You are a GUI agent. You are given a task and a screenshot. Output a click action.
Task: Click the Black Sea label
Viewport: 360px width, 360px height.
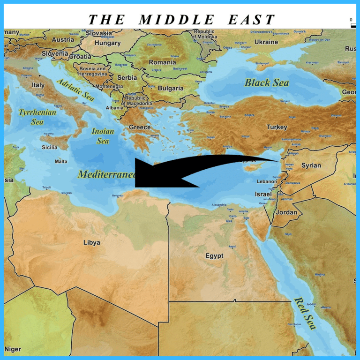[266, 83]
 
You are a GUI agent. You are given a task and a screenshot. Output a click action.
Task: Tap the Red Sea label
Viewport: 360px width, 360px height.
[305, 313]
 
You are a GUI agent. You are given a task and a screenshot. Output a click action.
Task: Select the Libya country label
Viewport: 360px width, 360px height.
[91, 242]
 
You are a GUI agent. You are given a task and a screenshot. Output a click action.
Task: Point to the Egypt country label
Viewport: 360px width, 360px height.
[214, 256]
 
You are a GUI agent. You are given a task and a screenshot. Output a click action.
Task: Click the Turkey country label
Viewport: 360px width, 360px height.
[277, 127]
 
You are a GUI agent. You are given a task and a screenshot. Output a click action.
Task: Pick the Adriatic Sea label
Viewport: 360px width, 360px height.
[75, 90]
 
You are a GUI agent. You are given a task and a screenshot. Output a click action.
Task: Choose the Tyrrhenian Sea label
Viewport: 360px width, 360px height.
[37, 117]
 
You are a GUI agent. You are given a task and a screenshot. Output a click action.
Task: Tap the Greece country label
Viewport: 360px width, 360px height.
[140, 127]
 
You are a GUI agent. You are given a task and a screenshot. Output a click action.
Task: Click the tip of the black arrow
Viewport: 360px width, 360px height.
[135, 173]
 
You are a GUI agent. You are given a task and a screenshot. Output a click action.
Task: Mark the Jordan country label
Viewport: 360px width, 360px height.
[286, 212]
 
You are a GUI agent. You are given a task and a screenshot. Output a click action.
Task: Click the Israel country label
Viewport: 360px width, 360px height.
[263, 194]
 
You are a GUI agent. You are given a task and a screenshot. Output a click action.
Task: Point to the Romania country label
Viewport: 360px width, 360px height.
[162, 62]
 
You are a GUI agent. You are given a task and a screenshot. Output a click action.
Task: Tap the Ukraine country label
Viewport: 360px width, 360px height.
[266, 42]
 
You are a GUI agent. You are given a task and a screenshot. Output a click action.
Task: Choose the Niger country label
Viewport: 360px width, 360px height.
[13, 349]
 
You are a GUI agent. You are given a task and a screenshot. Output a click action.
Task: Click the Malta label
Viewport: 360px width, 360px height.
[61, 161]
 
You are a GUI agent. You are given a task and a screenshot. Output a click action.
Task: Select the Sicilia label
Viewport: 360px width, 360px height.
[50, 147]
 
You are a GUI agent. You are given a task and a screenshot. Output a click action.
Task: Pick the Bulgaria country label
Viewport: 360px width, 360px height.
[171, 88]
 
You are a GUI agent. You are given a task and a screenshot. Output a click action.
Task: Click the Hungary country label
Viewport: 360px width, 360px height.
[108, 43]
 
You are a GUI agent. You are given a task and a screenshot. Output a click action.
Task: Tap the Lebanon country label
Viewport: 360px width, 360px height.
[267, 181]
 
